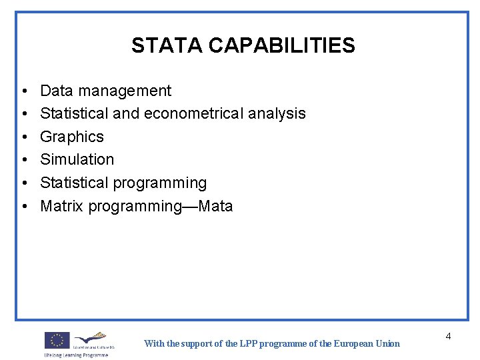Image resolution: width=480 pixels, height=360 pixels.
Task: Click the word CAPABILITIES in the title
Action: click(x=281, y=45)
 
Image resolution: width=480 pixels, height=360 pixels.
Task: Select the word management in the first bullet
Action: click(x=124, y=91)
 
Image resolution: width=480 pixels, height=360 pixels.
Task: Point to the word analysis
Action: click(x=276, y=114)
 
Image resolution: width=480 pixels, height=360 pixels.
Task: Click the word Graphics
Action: click(x=72, y=137)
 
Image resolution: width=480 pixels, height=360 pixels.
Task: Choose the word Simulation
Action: click(x=77, y=160)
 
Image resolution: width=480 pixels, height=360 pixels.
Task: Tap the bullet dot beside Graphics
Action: click(x=23, y=137)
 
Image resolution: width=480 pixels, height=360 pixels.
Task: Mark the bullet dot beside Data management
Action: click(x=23, y=91)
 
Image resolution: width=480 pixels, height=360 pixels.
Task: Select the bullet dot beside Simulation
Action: click(x=23, y=160)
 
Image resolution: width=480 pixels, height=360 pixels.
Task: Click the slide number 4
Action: click(x=448, y=336)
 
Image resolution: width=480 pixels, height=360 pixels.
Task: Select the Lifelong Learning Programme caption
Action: click(x=76, y=355)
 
